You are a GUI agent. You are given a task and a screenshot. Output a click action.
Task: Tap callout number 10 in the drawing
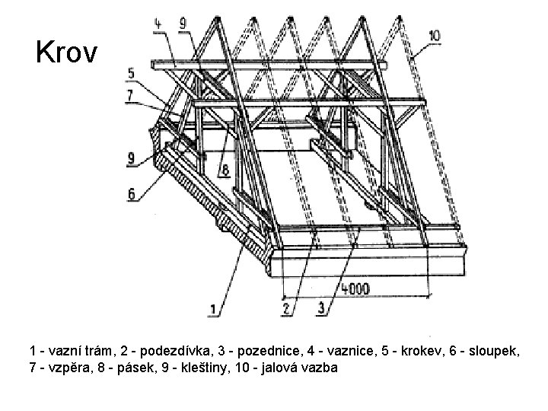tap(434, 36)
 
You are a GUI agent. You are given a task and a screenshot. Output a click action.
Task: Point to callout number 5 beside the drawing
tap(131, 74)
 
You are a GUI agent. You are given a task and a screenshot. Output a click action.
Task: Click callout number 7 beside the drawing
tap(131, 94)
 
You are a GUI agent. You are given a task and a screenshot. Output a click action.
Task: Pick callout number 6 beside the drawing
tap(132, 194)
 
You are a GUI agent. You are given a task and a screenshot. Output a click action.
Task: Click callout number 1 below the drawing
tap(215, 310)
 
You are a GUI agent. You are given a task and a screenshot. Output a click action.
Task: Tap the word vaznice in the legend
tap(328, 351)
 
